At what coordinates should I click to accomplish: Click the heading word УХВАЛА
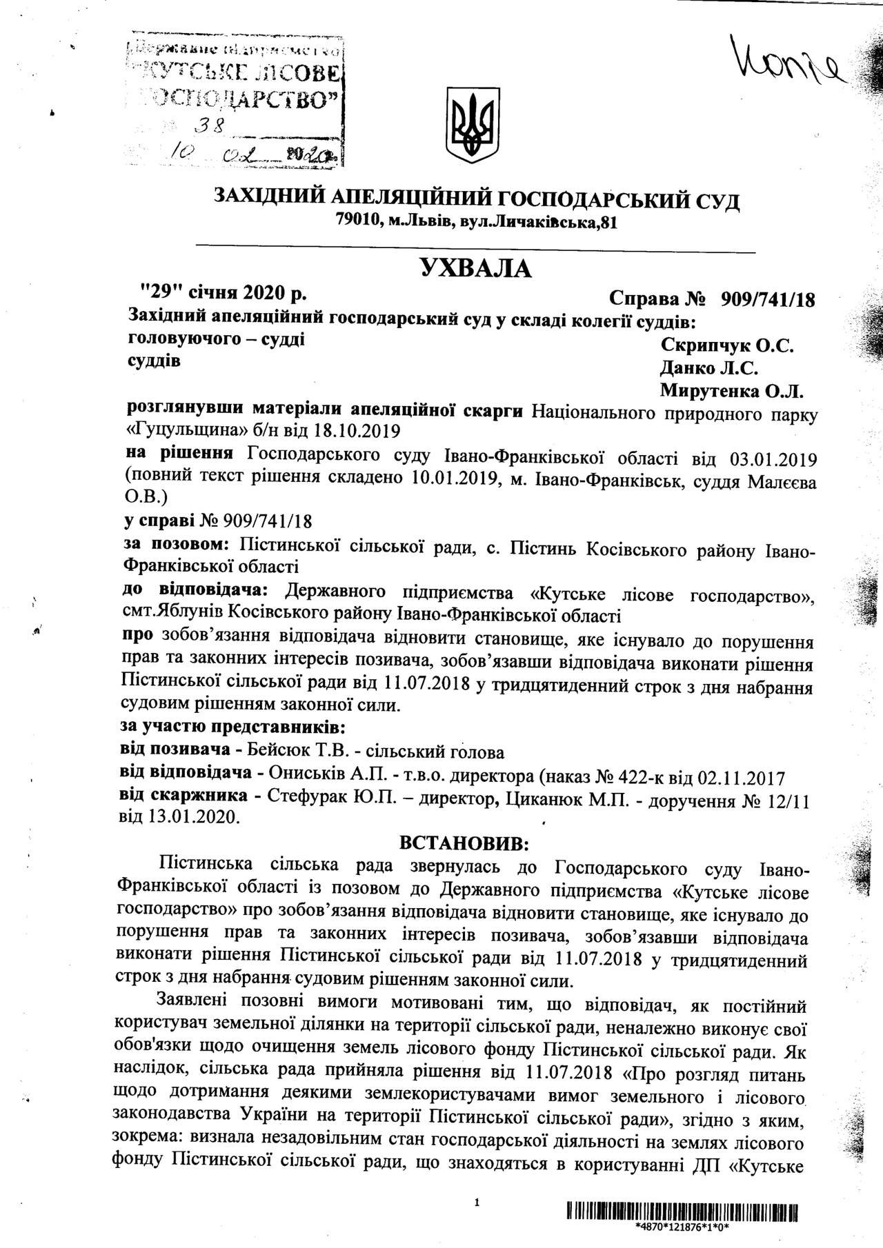tap(476, 268)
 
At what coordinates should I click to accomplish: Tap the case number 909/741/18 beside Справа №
tap(767, 300)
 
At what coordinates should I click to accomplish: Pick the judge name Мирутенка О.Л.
tap(733, 391)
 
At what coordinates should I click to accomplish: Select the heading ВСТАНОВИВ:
tap(464, 843)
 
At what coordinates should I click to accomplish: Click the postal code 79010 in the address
tap(357, 221)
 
